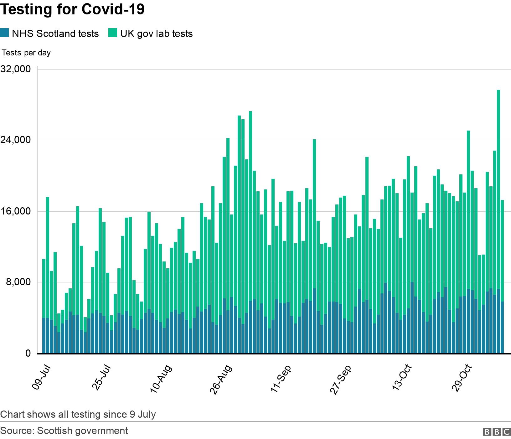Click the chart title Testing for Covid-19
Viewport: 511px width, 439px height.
(x=72, y=9)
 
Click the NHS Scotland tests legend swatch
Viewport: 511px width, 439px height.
(x=5, y=33)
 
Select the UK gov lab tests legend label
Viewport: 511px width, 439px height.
(x=157, y=34)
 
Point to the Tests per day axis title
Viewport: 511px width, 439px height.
(x=26, y=53)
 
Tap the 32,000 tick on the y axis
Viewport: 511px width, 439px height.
(x=16, y=69)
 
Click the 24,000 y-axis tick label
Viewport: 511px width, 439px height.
(x=16, y=140)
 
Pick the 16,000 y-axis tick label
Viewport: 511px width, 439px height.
(x=16, y=211)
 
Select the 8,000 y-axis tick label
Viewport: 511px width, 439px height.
(x=18, y=282)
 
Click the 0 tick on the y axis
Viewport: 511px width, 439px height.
(x=28, y=353)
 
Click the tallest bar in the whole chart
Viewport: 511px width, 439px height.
(x=498, y=219)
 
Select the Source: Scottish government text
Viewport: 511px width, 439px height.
(x=64, y=431)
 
